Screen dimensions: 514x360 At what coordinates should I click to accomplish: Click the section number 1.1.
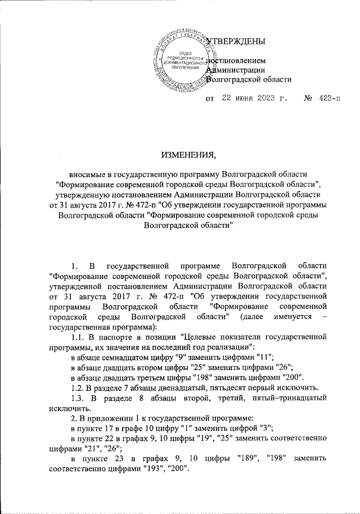76,336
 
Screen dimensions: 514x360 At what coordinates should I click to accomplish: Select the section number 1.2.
76,387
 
